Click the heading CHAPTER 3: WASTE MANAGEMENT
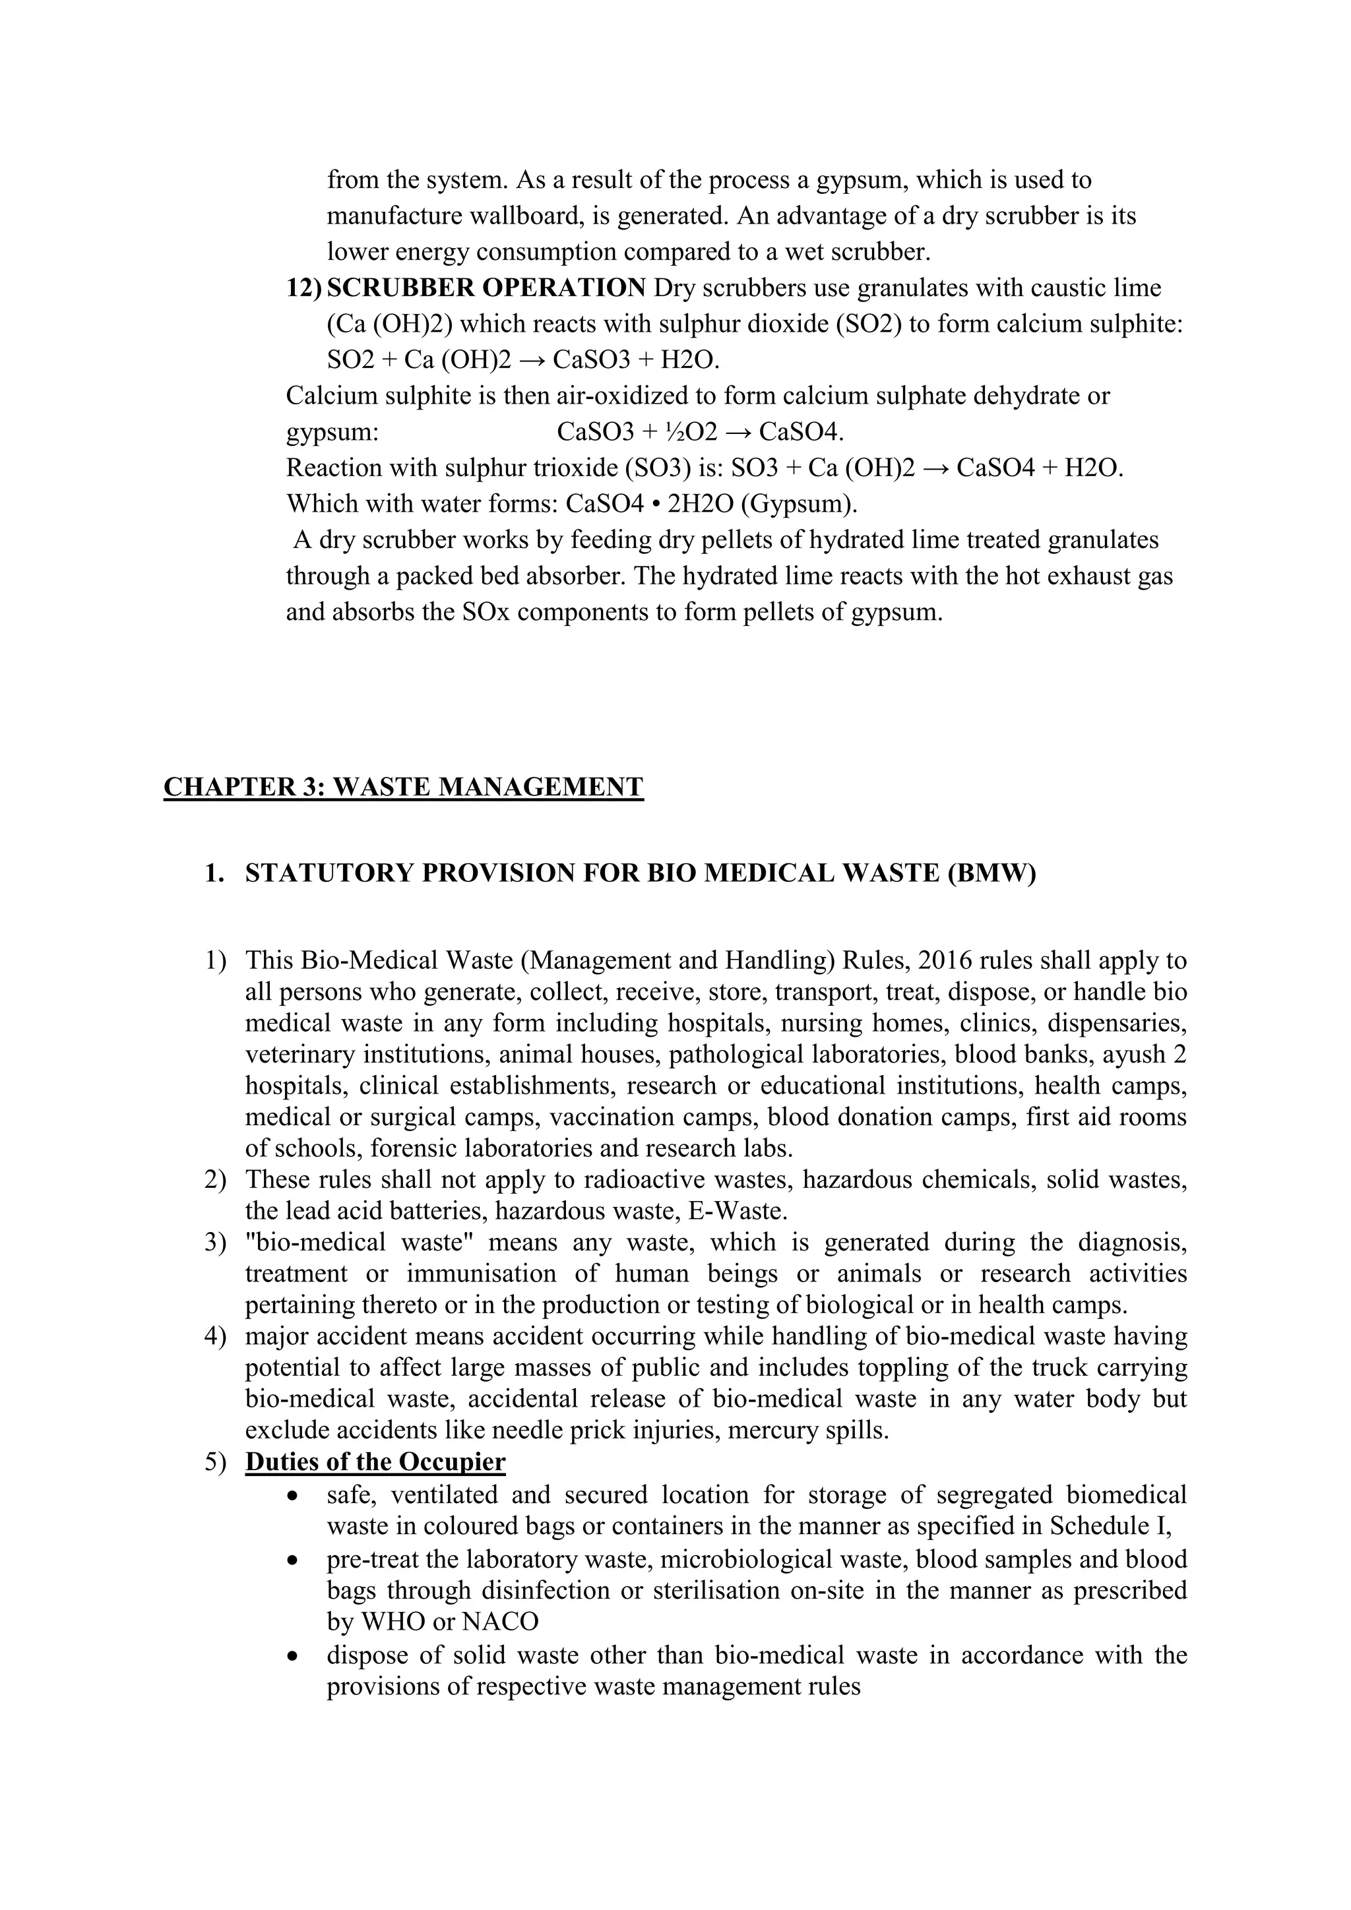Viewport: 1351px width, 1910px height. (x=404, y=787)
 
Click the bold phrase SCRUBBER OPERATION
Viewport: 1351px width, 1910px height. (x=486, y=288)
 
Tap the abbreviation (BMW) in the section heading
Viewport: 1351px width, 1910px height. (x=991, y=873)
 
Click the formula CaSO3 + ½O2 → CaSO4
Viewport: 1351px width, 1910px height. (x=700, y=433)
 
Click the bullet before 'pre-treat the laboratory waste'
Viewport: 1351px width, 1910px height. (x=291, y=1560)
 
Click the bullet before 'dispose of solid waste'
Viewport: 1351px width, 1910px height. (x=291, y=1656)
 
